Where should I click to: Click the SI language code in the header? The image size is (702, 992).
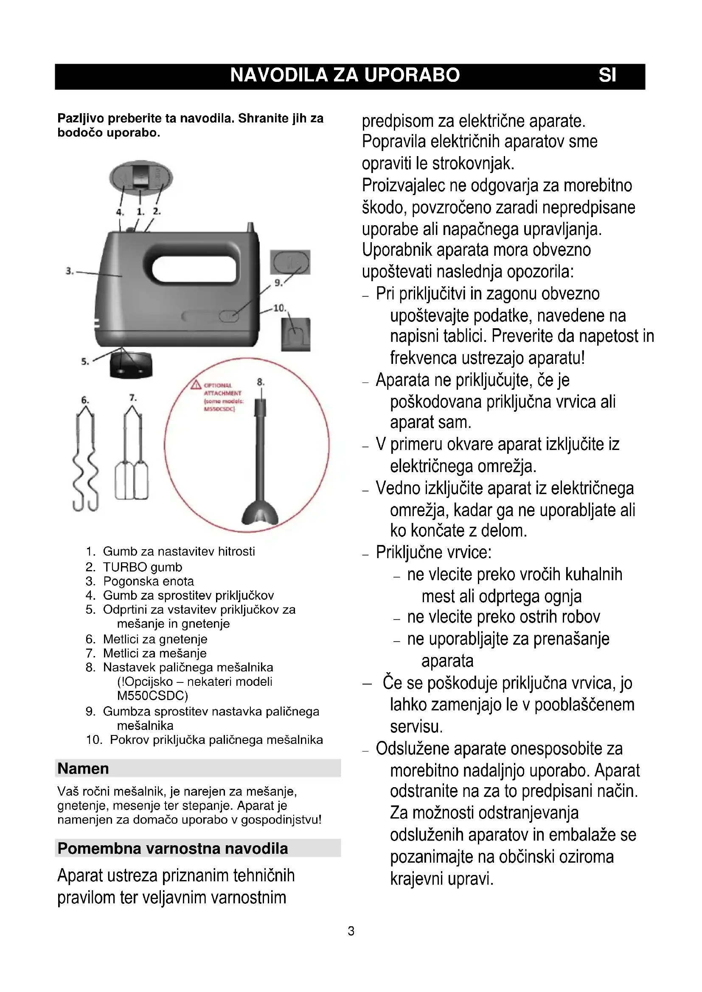coord(607,75)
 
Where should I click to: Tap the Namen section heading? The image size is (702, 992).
coord(83,768)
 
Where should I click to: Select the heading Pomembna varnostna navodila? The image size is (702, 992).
coord(172,849)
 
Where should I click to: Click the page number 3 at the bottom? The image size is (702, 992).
coord(351,931)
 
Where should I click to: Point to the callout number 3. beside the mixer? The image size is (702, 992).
coord(70,271)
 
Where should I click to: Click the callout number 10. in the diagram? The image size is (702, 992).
coord(279,308)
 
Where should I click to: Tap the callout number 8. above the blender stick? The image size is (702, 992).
coord(260,382)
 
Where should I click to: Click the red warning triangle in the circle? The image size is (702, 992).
coord(196,385)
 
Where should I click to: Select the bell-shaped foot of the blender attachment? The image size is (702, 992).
coord(260,513)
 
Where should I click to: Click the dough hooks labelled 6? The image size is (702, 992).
coord(85,460)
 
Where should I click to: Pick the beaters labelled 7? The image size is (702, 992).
coord(132,458)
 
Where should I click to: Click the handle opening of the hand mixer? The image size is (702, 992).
coord(194,269)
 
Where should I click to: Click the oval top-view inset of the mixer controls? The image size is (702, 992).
coord(140,177)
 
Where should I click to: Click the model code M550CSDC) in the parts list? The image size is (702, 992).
coord(152,696)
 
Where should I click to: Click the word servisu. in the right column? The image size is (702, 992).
coord(416,727)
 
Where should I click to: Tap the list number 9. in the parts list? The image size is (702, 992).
coord(90,712)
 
